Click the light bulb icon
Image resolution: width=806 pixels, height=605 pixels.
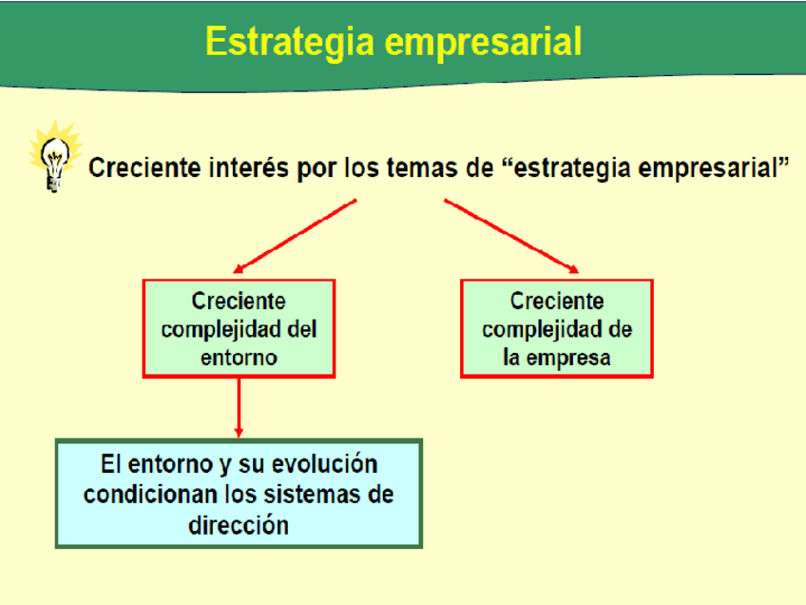click(55, 157)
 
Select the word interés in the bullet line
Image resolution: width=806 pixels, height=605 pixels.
click(249, 167)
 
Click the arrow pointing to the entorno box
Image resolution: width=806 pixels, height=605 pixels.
click(295, 236)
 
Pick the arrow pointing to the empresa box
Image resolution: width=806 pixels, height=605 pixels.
click(511, 236)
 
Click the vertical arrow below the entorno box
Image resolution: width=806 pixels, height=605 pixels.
click(239, 408)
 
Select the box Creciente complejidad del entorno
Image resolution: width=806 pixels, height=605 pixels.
click(239, 329)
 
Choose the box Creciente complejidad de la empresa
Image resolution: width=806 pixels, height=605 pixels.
click(557, 329)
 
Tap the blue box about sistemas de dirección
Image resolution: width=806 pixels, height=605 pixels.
click(239, 494)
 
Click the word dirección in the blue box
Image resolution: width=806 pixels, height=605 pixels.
click(239, 525)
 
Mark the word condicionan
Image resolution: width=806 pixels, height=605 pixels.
click(151, 495)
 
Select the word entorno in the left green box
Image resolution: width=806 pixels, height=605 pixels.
click(239, 358)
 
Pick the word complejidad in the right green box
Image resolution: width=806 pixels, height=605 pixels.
click(543, 330)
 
